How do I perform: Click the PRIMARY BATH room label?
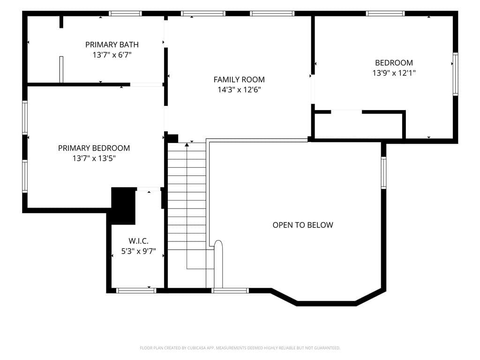click(112, 45)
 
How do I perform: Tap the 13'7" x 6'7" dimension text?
click(112, 55)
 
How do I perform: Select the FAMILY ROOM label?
click(239, 80)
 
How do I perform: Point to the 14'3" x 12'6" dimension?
click(239, 90)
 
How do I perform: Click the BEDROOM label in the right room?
click(394, 63)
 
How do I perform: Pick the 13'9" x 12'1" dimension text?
click(394, 73)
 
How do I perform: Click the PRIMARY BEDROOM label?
click(94, 148)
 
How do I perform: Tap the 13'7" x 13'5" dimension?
click(94, 158)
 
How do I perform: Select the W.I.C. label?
click(138, 241)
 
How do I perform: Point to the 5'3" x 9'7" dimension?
click(138, 251)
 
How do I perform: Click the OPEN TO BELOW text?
click(303, 225)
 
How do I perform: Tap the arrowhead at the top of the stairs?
click(187, 144)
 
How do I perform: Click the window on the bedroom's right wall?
click(456, 74)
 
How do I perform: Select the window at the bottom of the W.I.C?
click(136, 291)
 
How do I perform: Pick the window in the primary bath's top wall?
click(125, 14)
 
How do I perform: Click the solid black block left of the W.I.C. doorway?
click(123, 206)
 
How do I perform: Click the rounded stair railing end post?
click(218, 264)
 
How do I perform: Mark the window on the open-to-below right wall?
click(383, 172)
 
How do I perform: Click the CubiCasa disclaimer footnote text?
click(240, 348)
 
